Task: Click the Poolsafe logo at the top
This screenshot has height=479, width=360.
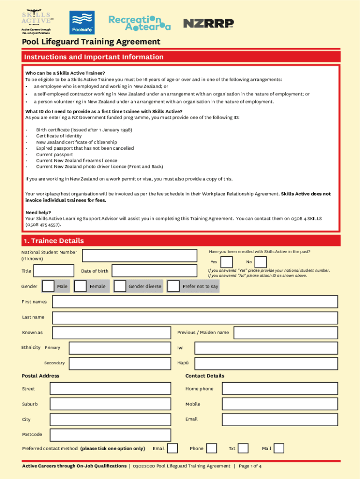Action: (82, 22)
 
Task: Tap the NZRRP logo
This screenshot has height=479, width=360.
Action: (208, 23)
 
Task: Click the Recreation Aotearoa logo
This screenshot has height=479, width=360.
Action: (139, 22)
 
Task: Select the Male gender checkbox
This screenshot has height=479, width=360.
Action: (48, 286)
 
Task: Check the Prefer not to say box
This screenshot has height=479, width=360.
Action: (173, 286)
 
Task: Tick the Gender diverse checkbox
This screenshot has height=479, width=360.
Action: (120, 286)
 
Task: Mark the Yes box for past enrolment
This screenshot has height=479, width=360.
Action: (227, 262)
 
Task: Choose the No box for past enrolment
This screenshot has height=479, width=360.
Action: (261, 262)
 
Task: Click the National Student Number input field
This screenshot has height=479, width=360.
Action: (140, 255)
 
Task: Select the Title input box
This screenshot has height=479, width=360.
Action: (54, 271)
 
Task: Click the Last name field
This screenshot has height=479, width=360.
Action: (195, 318)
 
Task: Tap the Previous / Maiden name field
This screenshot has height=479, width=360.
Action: (286, 333)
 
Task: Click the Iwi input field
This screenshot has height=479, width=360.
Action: (266, 348)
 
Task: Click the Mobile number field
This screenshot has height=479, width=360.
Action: (280, 404)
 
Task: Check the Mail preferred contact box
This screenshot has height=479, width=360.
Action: (279, 449)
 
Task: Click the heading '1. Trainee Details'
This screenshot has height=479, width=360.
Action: (54, 241)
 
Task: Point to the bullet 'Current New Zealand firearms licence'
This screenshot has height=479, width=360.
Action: (77, 160)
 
